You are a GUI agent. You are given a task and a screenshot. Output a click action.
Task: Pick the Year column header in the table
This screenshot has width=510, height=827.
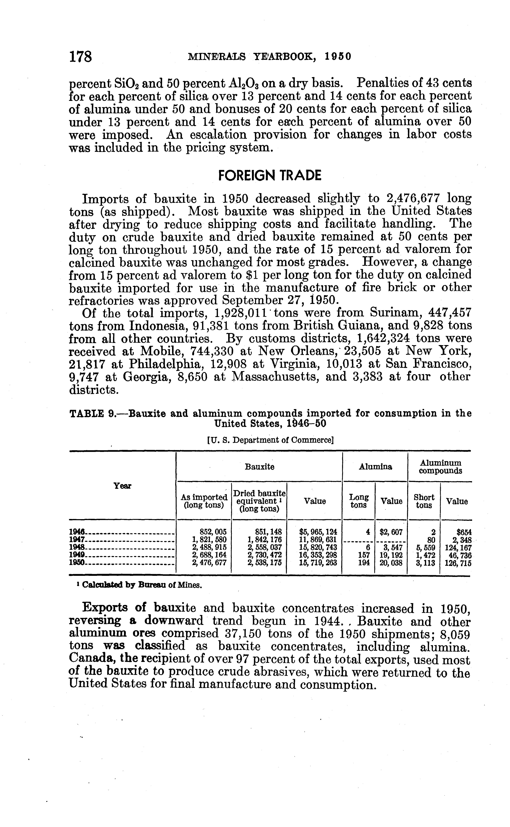click(x=122, y=486)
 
